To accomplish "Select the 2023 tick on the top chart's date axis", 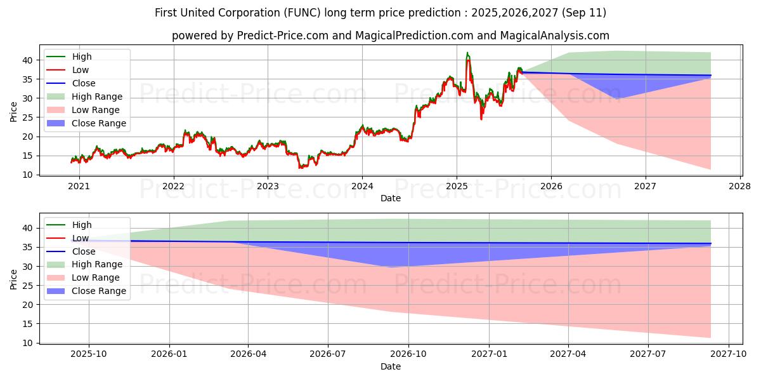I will point(268,186).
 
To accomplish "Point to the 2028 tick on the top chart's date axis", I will point(740,186).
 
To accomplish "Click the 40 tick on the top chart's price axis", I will point(28,60).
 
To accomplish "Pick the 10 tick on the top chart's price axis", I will point(28,175).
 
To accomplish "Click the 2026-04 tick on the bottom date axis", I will point(248,354).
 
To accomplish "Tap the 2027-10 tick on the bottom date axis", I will point(729,354).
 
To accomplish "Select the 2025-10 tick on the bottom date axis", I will point(88,354).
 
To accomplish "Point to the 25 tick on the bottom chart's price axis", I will point(28,286).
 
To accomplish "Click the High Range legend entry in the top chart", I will point(97,97).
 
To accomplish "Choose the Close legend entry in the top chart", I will point(84,83).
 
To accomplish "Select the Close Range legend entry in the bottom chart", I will point(99,291).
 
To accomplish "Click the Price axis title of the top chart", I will point(13,112).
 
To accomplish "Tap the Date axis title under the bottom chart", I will point(391,366).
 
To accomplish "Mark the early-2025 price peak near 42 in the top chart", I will point(467,53).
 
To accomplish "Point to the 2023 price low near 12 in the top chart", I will point(300,168).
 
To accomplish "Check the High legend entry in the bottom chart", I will point(82,225).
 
